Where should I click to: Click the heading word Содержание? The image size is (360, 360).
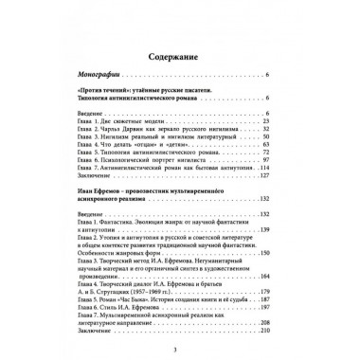pyautogui.click(x=180, y=45)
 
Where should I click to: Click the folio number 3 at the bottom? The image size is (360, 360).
pyautogui.click(x=180, y=353)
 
